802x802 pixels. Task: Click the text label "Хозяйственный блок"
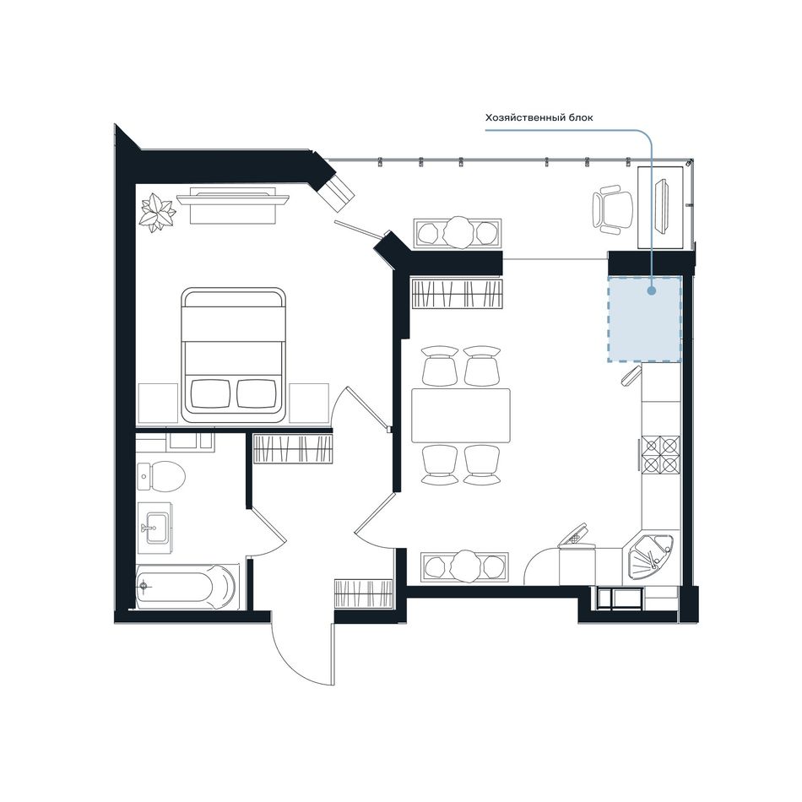pos(539,117)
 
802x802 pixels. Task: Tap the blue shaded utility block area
pos(644,320)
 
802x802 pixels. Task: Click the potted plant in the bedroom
pos(158,212)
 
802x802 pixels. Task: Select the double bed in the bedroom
pos(233,355)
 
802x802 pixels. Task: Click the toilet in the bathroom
pos(161,475)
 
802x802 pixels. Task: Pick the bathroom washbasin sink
pos(155,527)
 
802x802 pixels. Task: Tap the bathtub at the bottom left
pos(187,587)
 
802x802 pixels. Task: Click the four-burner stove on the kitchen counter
pos(661,453)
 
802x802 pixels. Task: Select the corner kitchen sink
pos(649,559)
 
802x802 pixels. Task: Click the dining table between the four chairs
pos(461,415)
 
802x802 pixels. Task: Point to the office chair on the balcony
pos(612,209)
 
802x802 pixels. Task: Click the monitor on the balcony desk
pos(664,206)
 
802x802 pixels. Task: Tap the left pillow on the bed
pos(210,393)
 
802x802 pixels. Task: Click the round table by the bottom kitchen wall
pos(465,566)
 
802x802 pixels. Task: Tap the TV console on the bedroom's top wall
pos(232,205)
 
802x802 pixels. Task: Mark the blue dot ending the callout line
pos(651,291)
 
